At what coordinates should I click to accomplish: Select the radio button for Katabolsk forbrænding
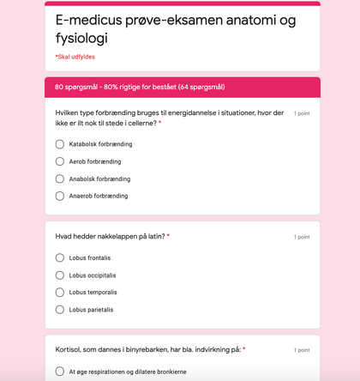click(x=60, y=144)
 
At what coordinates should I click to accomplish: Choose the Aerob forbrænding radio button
click(x=60, y=161)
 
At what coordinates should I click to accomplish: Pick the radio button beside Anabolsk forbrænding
click(x=60, y=178)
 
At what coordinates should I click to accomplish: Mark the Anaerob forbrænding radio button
click(x=60, y=196)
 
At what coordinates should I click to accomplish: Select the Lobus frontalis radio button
click(x=60, y=257)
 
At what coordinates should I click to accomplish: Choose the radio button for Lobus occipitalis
click(x=60, y=275)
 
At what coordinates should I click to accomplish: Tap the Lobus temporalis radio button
click(x=60, y=292)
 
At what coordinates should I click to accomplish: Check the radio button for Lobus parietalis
click(x=60, y=309)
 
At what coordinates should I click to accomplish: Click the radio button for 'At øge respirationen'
click(x=60, y=372)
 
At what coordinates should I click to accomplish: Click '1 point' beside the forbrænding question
click(x=302, y=113)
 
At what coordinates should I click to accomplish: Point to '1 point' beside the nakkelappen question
click(x=302, y=237)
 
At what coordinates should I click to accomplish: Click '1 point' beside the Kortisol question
click(x=302, y=350)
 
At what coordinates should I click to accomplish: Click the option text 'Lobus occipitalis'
click(x=93, y=275)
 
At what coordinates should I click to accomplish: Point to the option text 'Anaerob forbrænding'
click(x=99, y=196)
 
